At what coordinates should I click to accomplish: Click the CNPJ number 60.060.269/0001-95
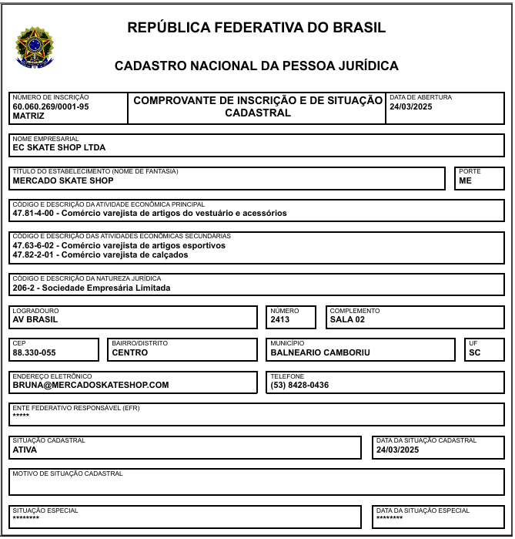pos(51,107)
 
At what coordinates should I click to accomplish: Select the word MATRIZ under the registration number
pos(28,116)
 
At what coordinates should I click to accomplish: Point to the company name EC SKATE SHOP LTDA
pos(59,147)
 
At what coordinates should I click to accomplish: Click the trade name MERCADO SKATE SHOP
pos(63,180)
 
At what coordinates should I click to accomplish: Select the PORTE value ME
pos(465,180)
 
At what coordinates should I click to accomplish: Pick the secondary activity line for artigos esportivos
pos(119,245)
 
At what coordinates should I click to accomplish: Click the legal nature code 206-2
pos(25,288)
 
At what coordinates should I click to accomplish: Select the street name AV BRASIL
pos(35,319)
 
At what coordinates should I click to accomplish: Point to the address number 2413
pos(280,319)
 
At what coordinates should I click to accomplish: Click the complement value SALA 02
pos(347,319)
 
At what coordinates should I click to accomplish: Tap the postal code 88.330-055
pos(35,352)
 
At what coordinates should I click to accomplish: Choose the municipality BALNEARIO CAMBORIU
pos(320,352)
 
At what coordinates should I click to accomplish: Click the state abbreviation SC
pos(474,352)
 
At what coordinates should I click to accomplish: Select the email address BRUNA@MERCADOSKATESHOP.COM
pos(91,385)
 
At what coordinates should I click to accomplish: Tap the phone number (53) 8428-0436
pos(299,385)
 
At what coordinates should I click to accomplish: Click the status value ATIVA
pos(25,449)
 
